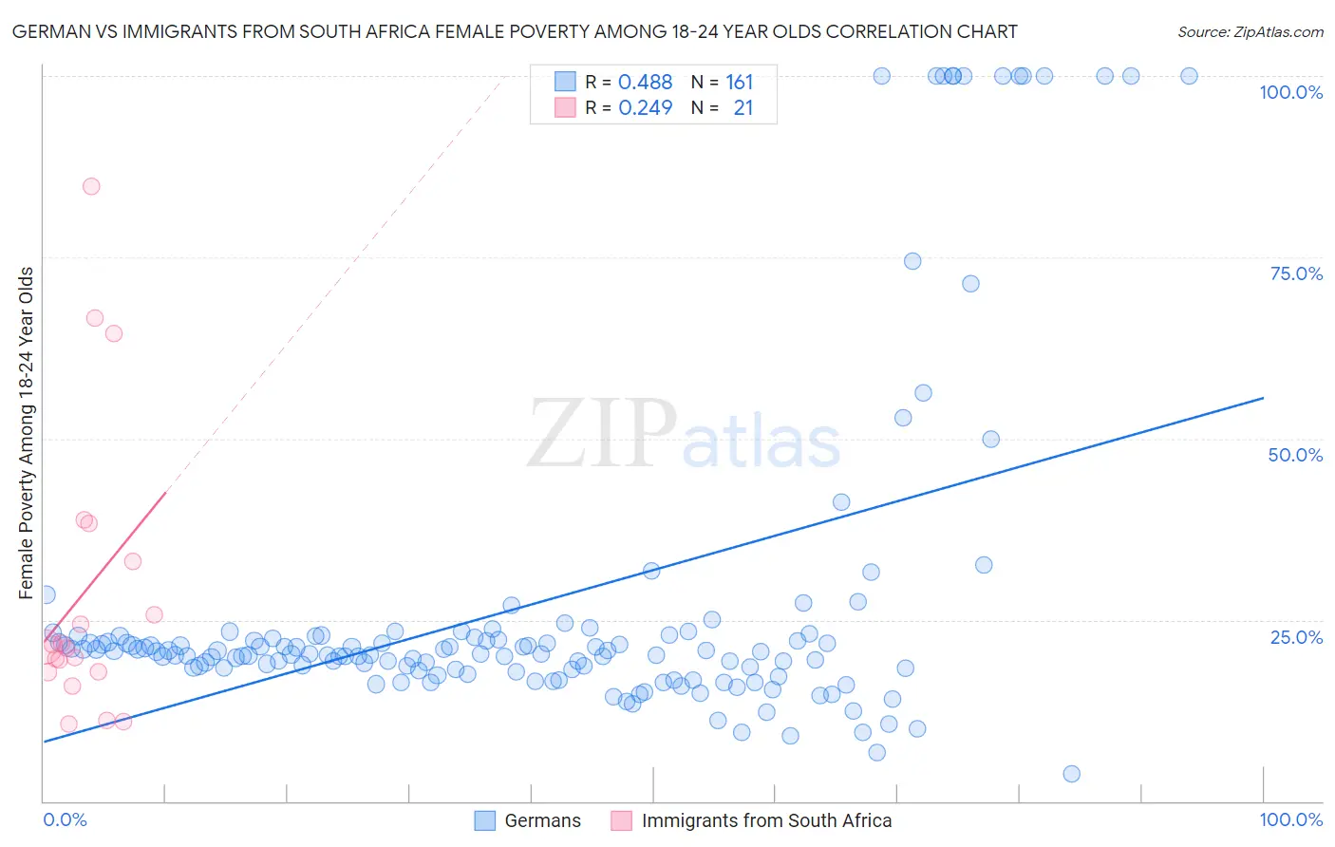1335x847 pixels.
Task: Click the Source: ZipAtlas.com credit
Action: click(x=1250, y=31)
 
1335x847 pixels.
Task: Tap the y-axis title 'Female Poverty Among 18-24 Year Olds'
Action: click(x=26, y=433)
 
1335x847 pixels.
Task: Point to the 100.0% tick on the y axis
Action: click(x=1290, y=92)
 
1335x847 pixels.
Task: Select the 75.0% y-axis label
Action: click(x=1296, y=273)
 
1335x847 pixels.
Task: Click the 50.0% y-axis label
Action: click(x=1295, y=455)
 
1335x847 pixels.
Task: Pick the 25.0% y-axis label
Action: click(x=1296, y=636)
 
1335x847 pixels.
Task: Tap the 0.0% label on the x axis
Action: click(x=65, y=819)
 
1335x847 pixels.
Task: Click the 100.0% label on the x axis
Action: click(x=1290, y=819)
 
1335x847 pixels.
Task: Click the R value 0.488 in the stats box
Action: click(x=645, y=83)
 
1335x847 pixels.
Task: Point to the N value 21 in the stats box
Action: click(x=743, y=108)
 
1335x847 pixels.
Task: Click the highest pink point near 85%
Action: click(x=91, y=186)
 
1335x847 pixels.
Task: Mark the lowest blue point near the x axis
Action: click(x=1071, y=774)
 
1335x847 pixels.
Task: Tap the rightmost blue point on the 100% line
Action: click(x=1189, y=76)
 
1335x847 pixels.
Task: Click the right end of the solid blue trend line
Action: click(x=1263, y=398)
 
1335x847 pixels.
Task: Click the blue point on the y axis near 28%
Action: click(x=46, y=594)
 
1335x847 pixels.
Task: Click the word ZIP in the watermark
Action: click(x=601, y=434)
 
